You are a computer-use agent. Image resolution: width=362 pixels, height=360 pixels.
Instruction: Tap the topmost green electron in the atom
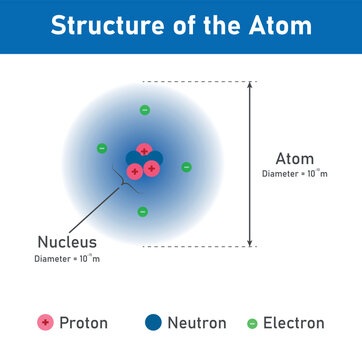[x=144, y=110]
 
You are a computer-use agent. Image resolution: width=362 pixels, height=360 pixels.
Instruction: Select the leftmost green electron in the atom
[x=102, y=148]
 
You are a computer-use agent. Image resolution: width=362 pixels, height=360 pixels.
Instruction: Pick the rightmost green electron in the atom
[x=186, y=166]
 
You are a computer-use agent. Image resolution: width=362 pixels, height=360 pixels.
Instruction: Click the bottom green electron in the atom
[x=142, y=211]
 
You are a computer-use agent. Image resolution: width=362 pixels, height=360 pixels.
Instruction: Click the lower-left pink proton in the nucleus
[x=134, y=170]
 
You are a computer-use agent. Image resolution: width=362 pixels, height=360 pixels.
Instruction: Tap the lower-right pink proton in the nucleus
[x=151, y=168]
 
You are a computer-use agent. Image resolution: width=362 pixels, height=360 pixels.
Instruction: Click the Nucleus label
[x=67, y=242]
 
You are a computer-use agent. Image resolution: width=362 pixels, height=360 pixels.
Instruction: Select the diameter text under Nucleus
[x=68, y=259]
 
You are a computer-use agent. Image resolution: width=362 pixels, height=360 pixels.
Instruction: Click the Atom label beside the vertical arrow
[x=294, y=158]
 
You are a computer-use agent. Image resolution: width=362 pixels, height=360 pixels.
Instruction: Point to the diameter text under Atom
[x=294, y=174]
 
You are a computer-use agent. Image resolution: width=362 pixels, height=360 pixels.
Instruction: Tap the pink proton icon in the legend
[x=44, y=323]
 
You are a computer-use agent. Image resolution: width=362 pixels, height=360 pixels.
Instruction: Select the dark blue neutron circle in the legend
[x=153, y=323]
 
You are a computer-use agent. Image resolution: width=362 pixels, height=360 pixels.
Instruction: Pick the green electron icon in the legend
[x=252, y=324]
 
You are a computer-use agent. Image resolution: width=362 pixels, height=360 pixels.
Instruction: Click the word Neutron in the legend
[x=197, y=323]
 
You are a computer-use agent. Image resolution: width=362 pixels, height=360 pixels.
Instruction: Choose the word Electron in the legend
[x=293, y=323]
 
